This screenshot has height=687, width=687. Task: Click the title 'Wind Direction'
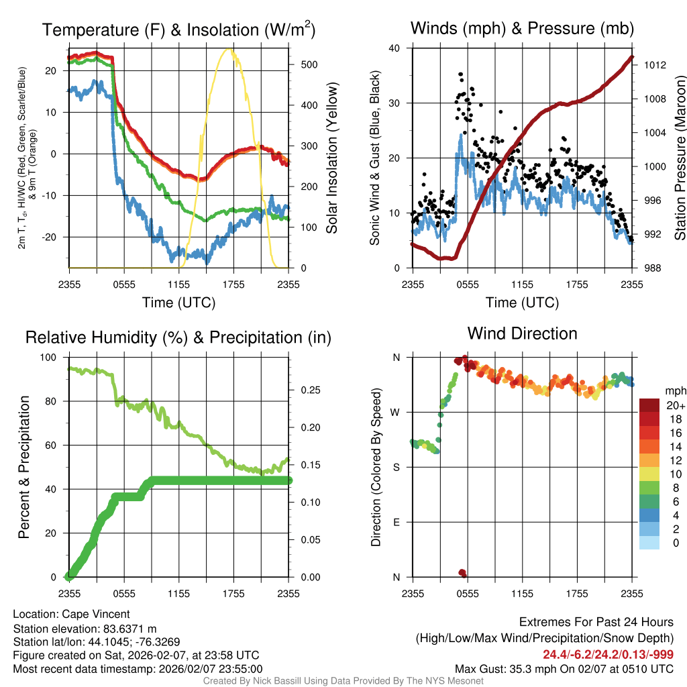pos(522,333)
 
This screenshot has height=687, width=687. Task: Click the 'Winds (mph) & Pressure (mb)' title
pos(522,28)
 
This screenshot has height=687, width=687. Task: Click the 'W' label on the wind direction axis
pos(396,412)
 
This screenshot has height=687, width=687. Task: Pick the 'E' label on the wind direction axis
pos(396,522)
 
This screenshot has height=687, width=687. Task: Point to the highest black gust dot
pos(460,74)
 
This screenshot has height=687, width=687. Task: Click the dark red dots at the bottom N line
pos(462,572)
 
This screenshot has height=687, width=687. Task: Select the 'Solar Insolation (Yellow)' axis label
pos(332,158)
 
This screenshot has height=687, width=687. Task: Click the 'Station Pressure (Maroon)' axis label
pos(679,158)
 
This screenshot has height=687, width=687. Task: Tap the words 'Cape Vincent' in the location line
pos(96,614)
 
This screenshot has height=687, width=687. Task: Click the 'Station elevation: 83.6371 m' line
pos(85,628)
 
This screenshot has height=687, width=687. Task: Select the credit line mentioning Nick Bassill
pos(343,681)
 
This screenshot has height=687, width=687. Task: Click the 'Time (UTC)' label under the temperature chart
pos(178,303)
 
